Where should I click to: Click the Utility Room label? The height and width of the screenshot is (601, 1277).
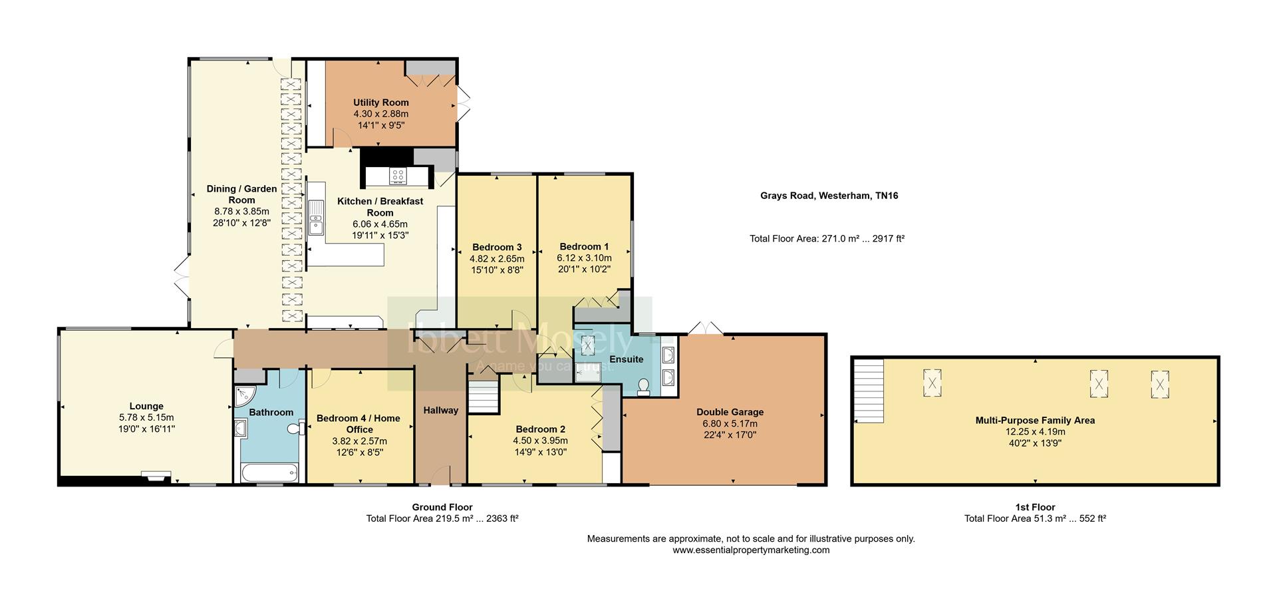(380, 102)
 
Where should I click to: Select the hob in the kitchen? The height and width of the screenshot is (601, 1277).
(398, 176)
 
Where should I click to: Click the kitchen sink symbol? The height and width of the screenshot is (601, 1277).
(315, 218)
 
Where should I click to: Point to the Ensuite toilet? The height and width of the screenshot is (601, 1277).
(643, 387)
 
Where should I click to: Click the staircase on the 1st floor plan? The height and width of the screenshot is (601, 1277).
(869, 391)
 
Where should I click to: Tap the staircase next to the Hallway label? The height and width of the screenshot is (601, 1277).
(483, 397)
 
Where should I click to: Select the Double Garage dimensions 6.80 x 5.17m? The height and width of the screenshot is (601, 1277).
(730, 423)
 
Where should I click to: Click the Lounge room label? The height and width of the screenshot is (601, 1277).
(146, 406)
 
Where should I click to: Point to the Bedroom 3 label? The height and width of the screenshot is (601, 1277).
(497, 247)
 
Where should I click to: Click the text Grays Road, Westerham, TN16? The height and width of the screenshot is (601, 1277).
(829, 196)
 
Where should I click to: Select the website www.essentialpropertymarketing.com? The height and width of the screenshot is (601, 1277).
(751, 550)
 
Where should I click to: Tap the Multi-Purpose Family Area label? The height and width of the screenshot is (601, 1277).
(1034, 420)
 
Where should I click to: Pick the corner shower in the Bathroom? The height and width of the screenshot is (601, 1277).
(242, 397)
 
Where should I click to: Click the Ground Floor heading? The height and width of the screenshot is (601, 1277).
(442, 507)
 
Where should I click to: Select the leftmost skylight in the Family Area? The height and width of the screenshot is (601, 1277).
(932, 383)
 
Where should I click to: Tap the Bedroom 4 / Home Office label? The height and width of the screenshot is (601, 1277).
(358, 423)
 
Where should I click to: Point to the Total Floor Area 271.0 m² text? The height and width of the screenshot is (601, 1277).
(827, 238)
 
